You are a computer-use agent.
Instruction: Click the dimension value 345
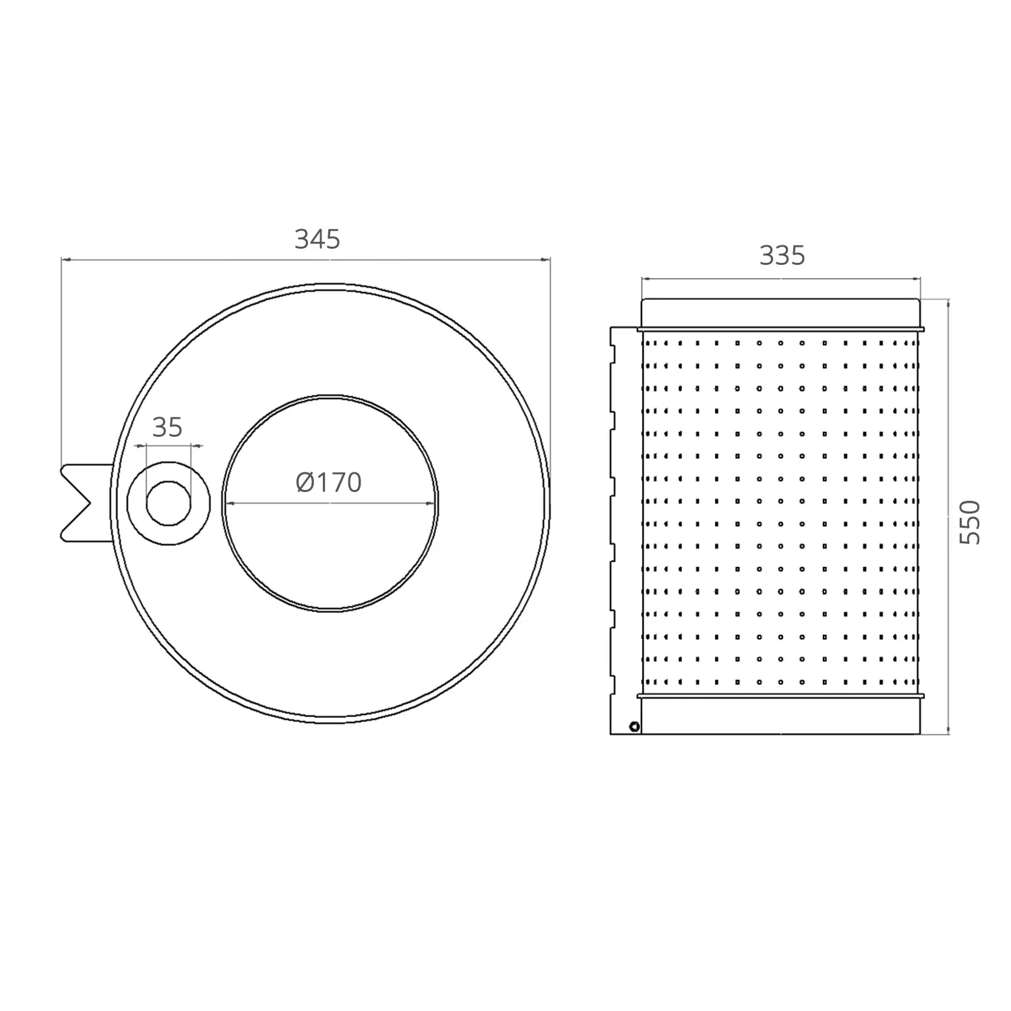point(317,239)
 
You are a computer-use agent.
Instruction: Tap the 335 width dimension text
point(782,256)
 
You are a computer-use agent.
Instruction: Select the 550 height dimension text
point(970,522)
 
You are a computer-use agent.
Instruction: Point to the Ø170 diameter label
point(329,482)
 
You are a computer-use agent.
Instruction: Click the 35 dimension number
point(167,427)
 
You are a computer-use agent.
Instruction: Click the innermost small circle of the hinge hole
point(168,503)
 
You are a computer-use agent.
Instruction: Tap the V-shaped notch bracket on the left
point(86,503)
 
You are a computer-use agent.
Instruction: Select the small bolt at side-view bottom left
point(634,726)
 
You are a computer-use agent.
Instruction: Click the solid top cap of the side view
point(780,313)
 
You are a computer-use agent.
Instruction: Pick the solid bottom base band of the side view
point(780,716)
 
